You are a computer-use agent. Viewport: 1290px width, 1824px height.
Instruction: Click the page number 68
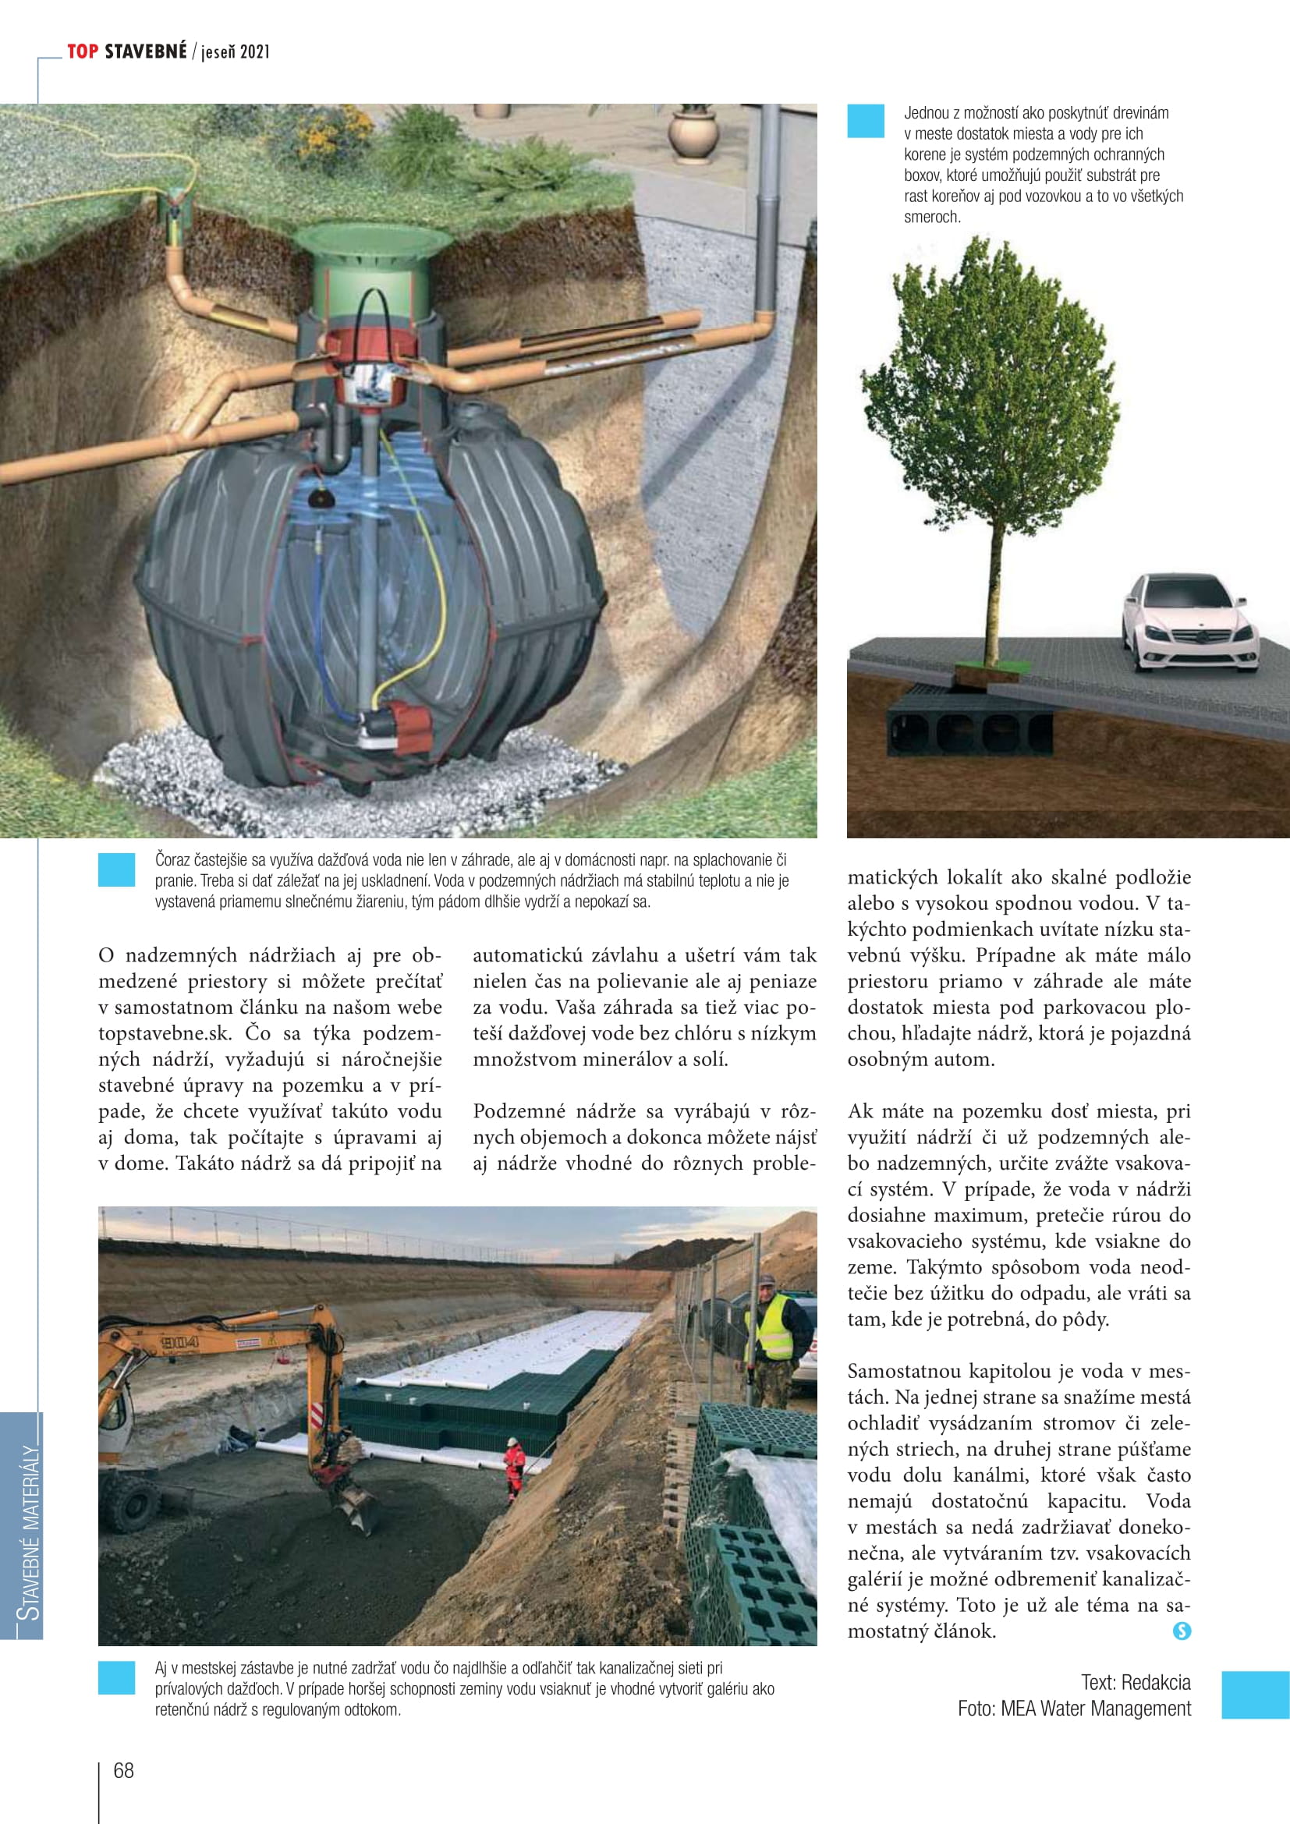pos(124,1770)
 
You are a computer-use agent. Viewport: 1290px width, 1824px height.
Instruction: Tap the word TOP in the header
pos(83,51)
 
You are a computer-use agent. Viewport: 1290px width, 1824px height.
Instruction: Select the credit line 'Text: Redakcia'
pos(1135,1682)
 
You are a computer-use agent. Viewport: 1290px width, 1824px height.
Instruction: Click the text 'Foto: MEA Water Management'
pos(1074,1708)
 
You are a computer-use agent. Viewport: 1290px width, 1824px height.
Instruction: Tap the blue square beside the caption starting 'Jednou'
pos(865,122)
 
